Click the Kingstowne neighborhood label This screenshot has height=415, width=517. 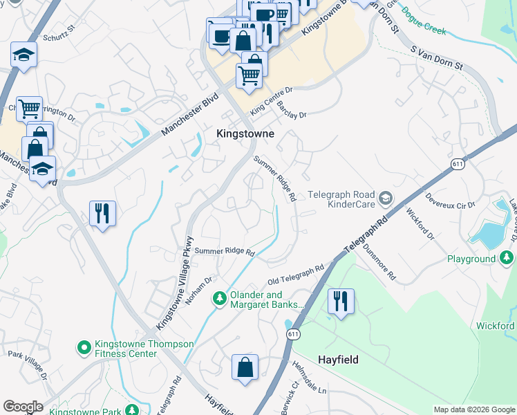(245, 133)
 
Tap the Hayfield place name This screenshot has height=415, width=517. (341, 360)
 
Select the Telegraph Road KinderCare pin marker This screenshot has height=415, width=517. (386, 199)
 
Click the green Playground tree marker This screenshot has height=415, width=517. (507, 259)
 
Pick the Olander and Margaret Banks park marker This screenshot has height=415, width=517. (220, 299)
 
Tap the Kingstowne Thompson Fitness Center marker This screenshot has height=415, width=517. (84, 347)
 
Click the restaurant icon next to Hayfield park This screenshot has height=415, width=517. (341, 302)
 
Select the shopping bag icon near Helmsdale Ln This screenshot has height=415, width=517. (245, 368)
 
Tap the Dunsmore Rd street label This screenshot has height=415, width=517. (379, 264)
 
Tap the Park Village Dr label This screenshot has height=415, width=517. (28, 365)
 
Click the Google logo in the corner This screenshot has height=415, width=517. (23, 407)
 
